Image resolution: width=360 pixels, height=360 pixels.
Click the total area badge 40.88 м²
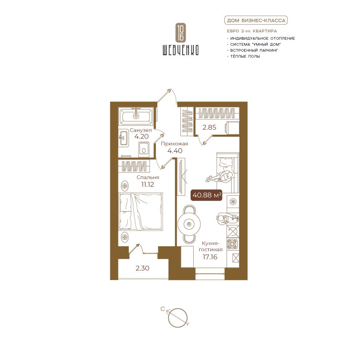[x=207, y=195]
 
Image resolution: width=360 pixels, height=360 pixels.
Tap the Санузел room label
[x=141, y=130]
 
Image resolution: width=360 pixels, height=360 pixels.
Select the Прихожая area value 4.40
[x=175, y=150]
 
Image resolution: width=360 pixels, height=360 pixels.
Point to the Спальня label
[x=148, y=177]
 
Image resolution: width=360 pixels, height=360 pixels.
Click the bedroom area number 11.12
[x=148, y=184]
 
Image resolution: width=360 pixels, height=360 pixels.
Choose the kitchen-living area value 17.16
[x=210, y=257]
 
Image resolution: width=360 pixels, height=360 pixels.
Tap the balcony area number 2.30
[x=142, y=268]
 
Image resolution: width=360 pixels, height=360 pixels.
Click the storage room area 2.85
[x=209, y=127]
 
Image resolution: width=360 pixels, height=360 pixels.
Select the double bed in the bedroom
[x=141, y=212]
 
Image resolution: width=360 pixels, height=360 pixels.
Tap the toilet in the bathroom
[x=144, y=150]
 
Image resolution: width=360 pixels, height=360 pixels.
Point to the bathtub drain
[x=136, y=116]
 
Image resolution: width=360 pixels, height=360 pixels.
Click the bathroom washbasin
[x=124, y=138]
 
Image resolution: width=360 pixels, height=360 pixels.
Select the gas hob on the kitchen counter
[x=233, y=244]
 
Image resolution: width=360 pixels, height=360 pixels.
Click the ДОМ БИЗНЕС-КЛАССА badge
[x=256, y=21]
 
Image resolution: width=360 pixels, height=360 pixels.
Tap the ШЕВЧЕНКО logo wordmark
[x=180, y=50]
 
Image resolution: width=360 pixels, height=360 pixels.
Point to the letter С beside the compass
[x=162, y=309]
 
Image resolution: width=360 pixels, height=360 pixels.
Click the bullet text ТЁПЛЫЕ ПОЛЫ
[x=245, y=56]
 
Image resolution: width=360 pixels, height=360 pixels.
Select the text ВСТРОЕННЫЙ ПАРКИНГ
[x=254, y=50]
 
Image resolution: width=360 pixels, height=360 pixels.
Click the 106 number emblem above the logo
[x=180, y=32]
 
